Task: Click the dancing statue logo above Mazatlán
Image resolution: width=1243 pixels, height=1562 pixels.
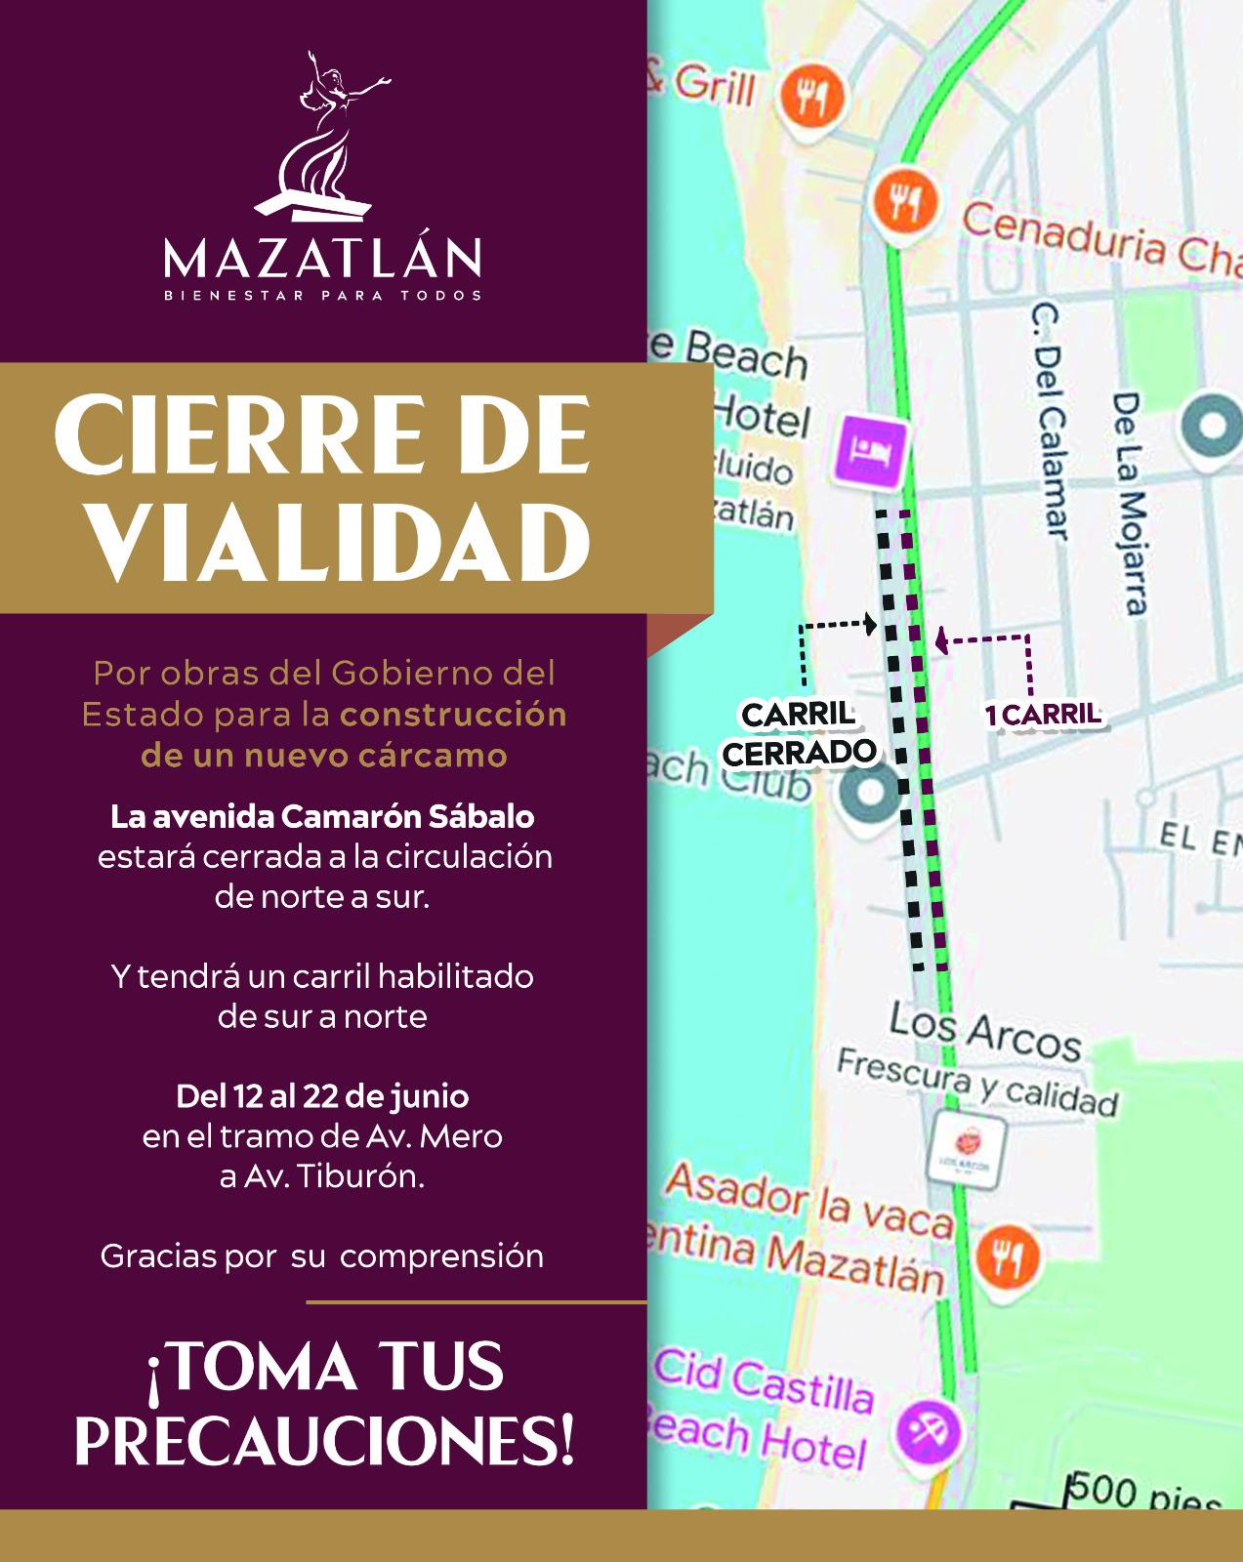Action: tap(322, 136)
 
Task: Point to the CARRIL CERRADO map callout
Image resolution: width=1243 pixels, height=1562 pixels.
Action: tap(799, 733)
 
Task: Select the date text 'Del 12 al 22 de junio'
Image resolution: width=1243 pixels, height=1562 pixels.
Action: tap(322, 1096)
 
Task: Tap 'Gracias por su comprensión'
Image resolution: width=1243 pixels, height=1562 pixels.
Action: tap(322, 1255)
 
